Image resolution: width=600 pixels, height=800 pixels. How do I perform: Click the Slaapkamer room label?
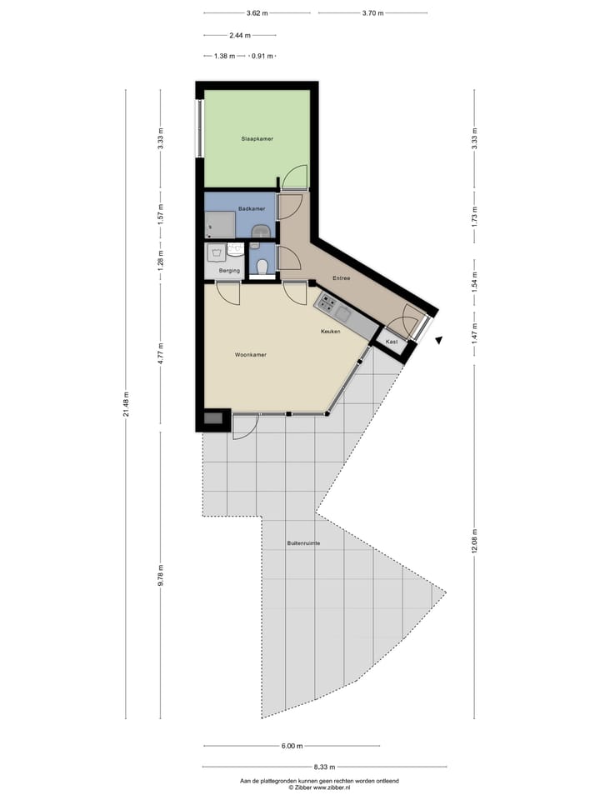coord(257,138)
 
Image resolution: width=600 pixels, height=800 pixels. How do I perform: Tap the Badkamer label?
coord(251,209)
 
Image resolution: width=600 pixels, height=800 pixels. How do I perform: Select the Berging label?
coord(229,271)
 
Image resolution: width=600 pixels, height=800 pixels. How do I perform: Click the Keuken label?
coord(331,332)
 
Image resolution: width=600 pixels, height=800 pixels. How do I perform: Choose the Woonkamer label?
coord(250,355)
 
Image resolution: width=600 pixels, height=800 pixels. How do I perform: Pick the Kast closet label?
coord(391,342)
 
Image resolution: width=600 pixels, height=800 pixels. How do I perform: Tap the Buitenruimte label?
coord(303,543)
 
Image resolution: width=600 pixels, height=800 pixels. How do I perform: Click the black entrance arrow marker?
coord(438,340)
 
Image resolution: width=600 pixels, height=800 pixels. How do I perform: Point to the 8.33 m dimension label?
coord(325,767)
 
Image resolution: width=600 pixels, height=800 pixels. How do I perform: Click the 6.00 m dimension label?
coord(292,746)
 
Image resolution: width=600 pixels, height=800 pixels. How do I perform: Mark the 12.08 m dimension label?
coord(474,537)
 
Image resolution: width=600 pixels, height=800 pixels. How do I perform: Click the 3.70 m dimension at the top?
coord(374,13)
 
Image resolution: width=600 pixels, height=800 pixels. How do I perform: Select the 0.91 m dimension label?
coord(263,56)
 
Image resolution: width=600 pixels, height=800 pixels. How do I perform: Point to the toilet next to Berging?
coord(262,266)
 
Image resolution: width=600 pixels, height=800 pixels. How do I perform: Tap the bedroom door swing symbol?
coord(294,177)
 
